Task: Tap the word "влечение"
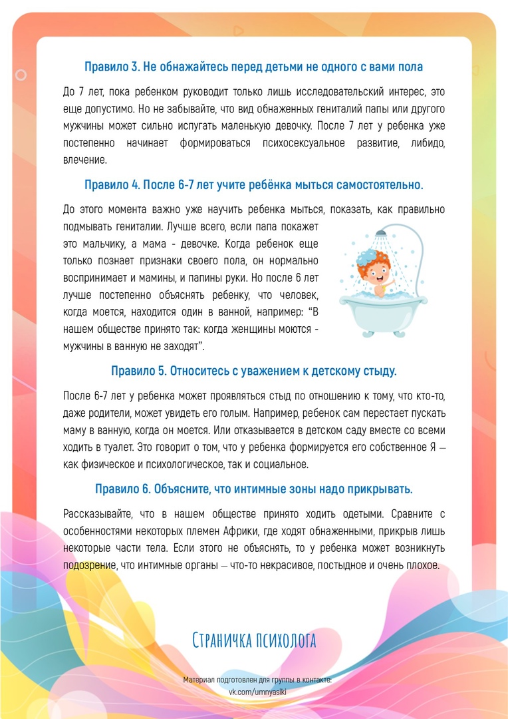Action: (84, 160)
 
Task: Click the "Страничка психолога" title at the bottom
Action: (254, 640)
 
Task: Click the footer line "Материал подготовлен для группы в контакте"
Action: (257, 680)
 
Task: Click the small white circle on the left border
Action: (21, 75)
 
